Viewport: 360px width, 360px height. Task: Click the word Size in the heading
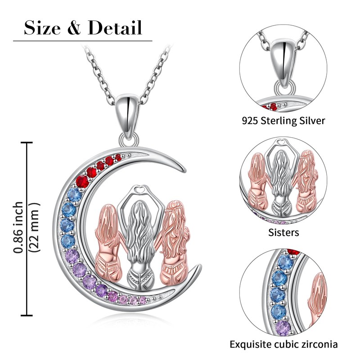click(43, 28)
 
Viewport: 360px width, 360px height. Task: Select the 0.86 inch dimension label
click(19, 228)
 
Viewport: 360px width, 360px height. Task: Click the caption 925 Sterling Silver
click(283, 121)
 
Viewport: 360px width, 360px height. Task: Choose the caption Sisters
click(283, 233)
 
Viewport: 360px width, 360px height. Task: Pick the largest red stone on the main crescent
click(82, 181)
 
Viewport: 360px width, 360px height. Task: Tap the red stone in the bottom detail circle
click(293, 252)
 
